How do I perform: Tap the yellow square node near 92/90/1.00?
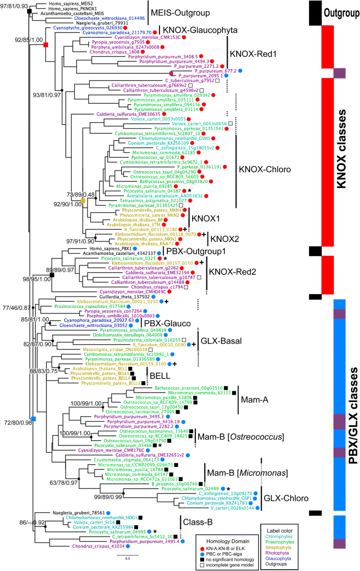[x=83, y=201]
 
